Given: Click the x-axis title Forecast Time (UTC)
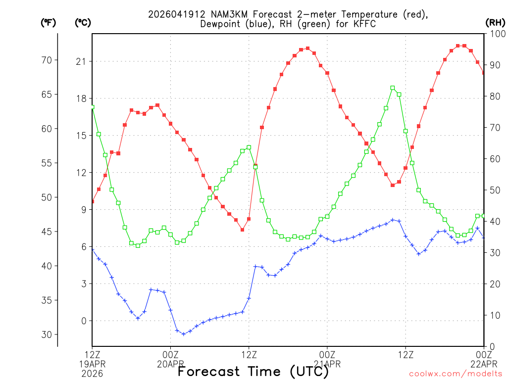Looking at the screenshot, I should [253, 371].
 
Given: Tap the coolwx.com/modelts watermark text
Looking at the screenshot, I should [456, 374].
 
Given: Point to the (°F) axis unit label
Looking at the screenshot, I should [48, 22].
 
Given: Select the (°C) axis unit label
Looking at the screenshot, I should [83, 22].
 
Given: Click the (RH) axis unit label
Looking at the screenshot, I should [495, 22].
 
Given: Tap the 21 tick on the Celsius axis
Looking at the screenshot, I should [81, 61].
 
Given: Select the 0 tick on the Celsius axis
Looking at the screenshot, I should [83, 321].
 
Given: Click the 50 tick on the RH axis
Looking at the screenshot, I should [494, 190].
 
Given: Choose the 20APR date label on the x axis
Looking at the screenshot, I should [170, 364].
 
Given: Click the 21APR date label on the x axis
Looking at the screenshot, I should [327, 364].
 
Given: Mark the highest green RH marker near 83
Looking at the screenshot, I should [393, 88].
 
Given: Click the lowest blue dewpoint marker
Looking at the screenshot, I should [184, 334].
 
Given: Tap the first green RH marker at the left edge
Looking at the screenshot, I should [92, 107].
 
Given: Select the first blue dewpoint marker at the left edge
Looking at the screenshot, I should [93, 250].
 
